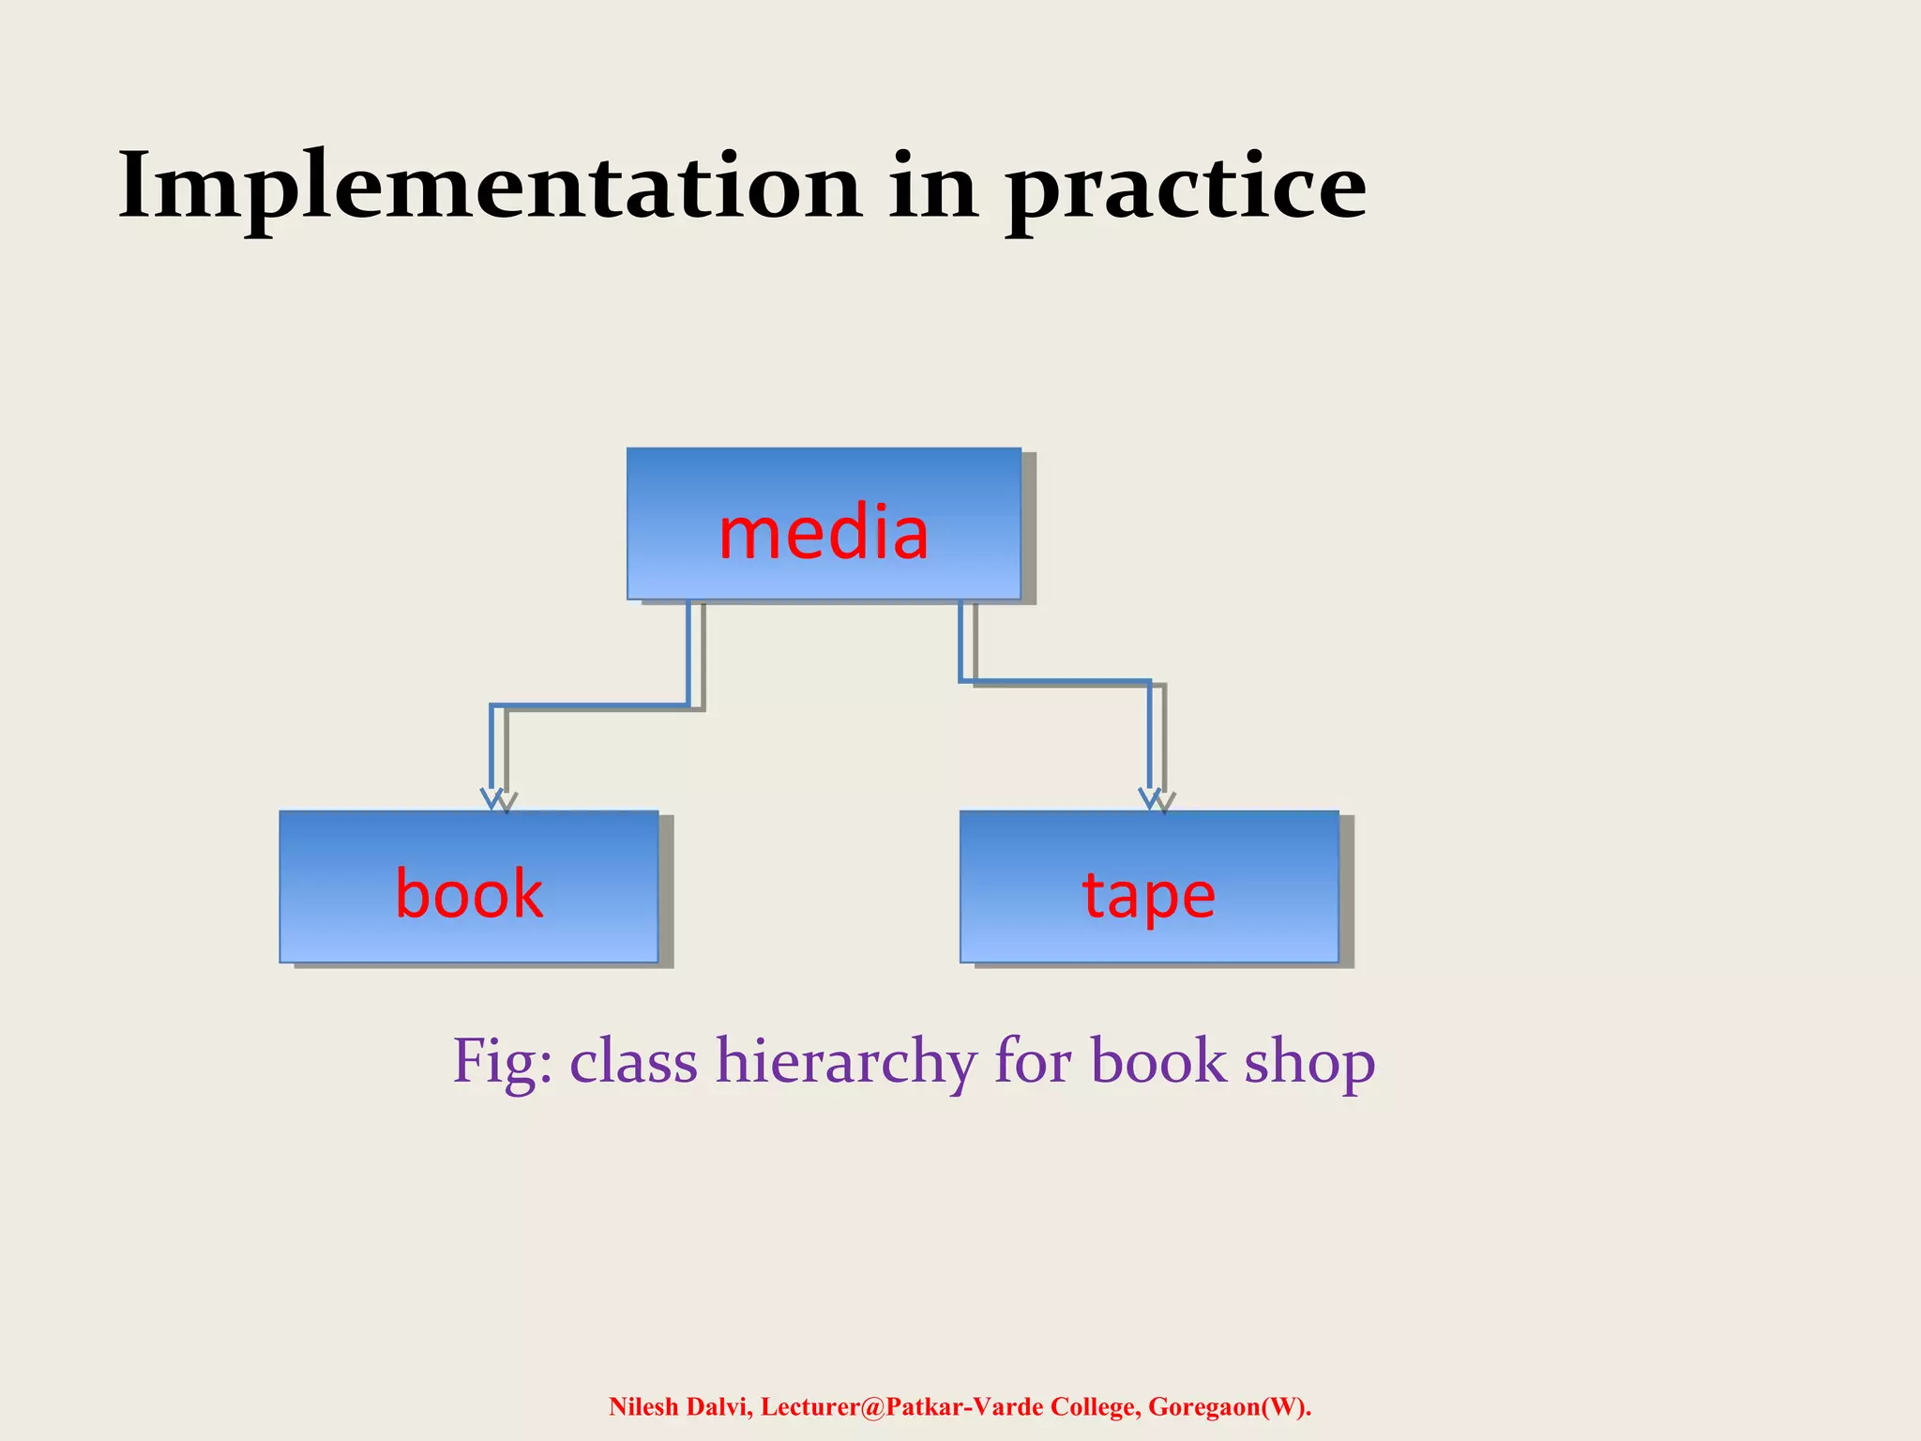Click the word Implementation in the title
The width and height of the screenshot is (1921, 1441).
click(x=489, y=188)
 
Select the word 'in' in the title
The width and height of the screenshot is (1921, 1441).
click(x=932, y=188)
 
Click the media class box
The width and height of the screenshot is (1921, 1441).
click(x=824, y=523)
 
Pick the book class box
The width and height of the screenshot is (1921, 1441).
click(x=469, y=887)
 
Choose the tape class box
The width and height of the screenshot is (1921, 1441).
click(x=1149, y=887)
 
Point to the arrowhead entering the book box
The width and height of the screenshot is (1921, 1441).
click(x=492, y=798)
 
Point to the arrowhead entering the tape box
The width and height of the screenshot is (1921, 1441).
click(x=1150, y=798)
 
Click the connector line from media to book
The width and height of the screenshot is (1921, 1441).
click(x=591, y=705)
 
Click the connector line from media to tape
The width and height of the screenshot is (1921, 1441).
click(x=1055, y=680)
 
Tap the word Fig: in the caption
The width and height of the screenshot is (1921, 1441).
click(x=502, y=1062)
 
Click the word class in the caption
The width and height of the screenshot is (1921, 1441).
click(x=633, y=1062)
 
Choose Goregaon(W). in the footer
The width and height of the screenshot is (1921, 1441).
click(x=1230, y=1406)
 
